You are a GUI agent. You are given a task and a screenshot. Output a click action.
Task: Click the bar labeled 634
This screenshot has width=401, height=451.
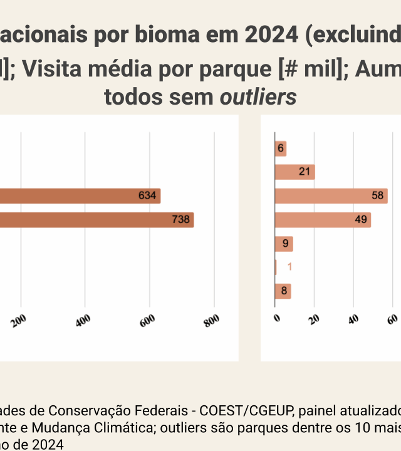coord(80,196)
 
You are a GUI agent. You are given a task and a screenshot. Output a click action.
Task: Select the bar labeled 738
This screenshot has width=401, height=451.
coord(96,220)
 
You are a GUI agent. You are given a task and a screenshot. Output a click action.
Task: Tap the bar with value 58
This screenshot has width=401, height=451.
coord(331,196)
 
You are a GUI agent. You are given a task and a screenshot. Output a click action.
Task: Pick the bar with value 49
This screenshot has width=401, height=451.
coord(323,220)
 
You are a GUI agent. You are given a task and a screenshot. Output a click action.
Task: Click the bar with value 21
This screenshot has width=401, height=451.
coord(295,172)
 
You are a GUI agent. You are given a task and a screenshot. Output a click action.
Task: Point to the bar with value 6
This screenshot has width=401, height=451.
coord(281,148)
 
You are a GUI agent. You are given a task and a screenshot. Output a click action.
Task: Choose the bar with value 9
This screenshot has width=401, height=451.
coord(284,244)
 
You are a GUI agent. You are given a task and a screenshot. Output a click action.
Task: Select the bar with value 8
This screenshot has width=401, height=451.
coord(283,291)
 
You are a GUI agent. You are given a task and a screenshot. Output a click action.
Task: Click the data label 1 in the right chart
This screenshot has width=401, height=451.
coord(289,267)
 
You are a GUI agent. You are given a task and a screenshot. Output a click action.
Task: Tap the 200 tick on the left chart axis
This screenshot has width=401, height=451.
coord(19,320)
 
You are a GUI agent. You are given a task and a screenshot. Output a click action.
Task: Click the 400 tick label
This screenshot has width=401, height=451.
coord(84,320)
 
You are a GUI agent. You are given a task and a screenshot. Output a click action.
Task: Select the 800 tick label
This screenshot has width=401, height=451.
coord(212,320)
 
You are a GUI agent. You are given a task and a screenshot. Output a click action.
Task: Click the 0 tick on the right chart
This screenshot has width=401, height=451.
coord(276,318)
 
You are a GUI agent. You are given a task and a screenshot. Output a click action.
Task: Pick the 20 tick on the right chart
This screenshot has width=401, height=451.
coord(315,318)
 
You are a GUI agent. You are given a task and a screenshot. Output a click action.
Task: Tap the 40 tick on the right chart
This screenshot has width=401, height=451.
coord(353,318)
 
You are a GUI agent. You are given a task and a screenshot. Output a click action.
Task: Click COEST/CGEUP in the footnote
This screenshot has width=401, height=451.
coord(238,411)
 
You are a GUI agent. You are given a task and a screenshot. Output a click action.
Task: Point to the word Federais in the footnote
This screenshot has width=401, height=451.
coord(164,411)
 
